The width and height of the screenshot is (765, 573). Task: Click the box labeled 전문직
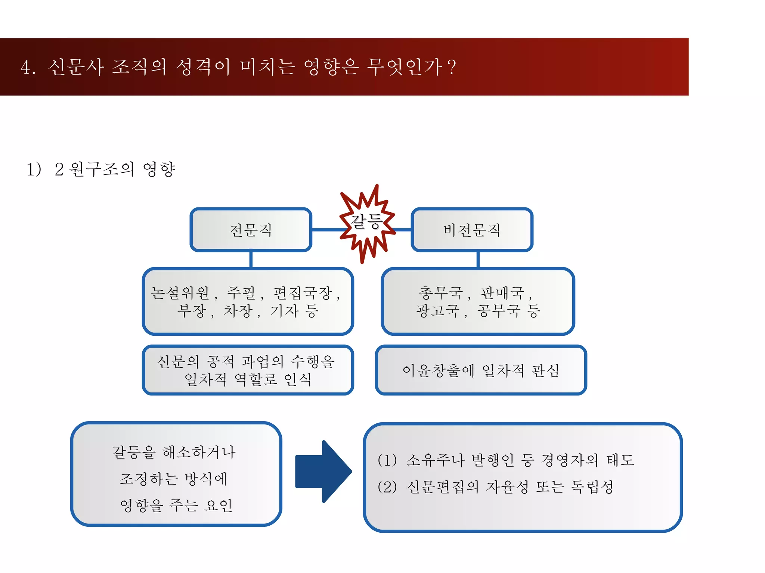pyautogui.click(x=251, y=230)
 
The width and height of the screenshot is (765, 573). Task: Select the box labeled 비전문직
pyautogui.click(x=472, y=230)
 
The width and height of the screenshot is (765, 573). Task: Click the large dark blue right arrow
pyautogui.click(x=323, y=472)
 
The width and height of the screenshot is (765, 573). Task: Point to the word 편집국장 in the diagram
pyautogui.click(x=303, y=293)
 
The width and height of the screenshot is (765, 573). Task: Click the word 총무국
pyautogui.click(x=441, y=293)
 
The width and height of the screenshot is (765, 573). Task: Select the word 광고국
pyautogui.click(x=437, y=310)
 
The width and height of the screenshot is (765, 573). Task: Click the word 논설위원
pyautogui.click(x=180, y=293)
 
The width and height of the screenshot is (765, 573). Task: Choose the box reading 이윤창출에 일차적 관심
pyautogui.click(x=481, y=370)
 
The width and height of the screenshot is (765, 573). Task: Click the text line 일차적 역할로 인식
pyautogui.click(x=248, y=379)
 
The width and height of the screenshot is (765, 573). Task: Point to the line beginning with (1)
pyautogui.click(x=506, y=460)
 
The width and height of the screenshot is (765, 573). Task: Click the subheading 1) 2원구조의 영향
pyautogui.click(x=101, y=169)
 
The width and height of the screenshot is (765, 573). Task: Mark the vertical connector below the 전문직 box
pyautogui.click(x=251, y=259)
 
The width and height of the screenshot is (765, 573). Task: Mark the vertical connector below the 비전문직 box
pyautogui.click(x=478, y=259)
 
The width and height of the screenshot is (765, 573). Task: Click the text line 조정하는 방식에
pyautogui.click(x=173, y=479)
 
